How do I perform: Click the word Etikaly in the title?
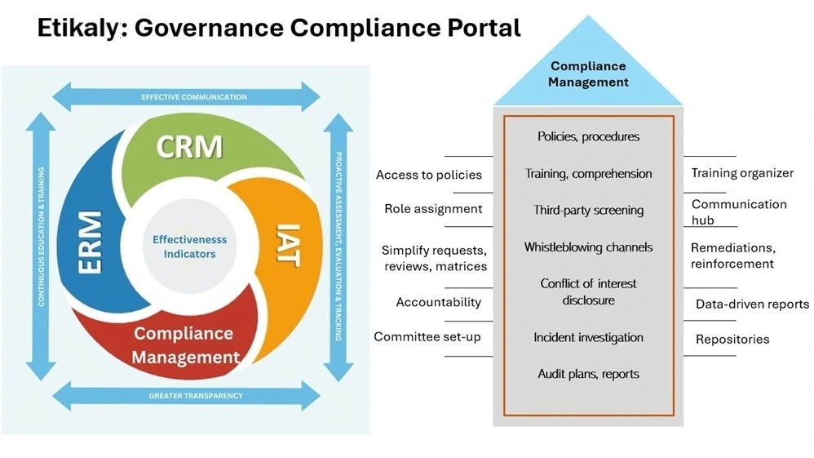78,28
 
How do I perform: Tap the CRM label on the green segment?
189,147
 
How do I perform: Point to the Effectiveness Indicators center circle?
189,247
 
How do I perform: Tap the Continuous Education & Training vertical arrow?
41,245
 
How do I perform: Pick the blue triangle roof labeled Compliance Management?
588,74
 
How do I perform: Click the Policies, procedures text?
588,136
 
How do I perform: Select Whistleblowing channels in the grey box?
588,247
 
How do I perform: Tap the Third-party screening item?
588,210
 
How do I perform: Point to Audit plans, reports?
588,374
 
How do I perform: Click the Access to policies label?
428,175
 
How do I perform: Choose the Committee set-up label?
427,336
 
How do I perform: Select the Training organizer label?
742,173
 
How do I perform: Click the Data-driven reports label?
752,304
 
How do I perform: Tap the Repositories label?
732,339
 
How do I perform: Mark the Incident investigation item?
588,337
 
